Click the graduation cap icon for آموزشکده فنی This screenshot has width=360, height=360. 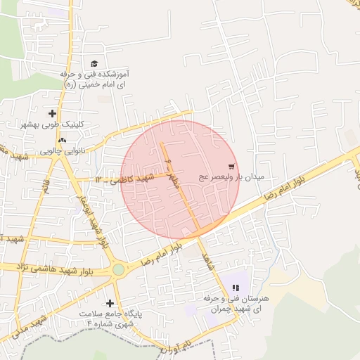point(95,64)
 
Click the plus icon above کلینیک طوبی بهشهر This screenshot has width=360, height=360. point(52,112)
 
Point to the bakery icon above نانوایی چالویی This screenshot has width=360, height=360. point(63,140)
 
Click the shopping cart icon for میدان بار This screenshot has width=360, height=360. point(232,167)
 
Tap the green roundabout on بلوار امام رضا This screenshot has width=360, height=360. point(118,269)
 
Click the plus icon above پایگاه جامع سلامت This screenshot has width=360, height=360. point(110,302)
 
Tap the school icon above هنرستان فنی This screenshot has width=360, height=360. point(236,288)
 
